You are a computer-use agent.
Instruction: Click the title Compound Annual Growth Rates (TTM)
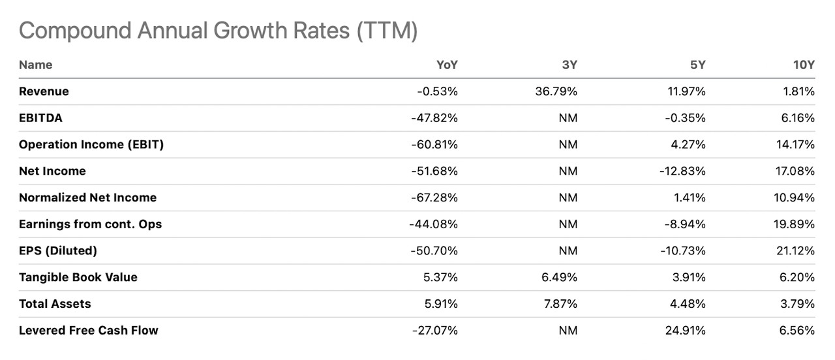218,31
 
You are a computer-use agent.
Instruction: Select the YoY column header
447,65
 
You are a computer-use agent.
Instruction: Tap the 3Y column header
568,65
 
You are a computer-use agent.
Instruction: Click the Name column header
35,65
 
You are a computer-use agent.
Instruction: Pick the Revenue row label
44,92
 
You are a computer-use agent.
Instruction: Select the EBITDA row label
40,118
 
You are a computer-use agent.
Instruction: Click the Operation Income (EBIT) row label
91,145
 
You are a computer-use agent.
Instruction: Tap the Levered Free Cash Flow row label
88,330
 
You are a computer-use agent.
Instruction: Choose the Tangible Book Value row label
78,277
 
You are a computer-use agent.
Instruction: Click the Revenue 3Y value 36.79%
556,92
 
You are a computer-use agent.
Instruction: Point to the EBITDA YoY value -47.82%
434,118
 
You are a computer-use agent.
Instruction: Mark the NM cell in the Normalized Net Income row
568,198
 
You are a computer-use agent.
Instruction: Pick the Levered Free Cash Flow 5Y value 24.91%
684,330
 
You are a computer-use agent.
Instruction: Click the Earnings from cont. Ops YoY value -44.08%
434,224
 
